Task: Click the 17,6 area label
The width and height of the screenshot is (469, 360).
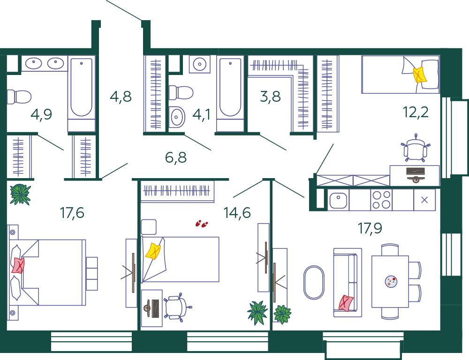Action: (72, 213)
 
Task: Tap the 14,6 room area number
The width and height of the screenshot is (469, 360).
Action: (237, 213)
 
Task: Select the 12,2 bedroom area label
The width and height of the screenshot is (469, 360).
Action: (416, 112)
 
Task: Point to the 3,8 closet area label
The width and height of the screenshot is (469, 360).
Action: (271, 97)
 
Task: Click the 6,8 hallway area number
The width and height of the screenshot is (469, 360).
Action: (176, 157)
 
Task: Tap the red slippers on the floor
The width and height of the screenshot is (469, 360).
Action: (202, 224)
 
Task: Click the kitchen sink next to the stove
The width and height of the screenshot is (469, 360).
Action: (338, 200)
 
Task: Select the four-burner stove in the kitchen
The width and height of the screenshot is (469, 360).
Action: (381, 200)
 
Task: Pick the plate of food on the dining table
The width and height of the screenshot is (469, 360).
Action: (391, 281)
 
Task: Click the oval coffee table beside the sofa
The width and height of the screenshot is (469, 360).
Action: (314, 282)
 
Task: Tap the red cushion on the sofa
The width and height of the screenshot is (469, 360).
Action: (346, 303)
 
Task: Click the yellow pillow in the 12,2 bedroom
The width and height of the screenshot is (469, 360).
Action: (420, 75)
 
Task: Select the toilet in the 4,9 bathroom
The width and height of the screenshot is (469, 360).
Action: (19, 97)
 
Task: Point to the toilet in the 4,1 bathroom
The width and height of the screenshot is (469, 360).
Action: (181, 93)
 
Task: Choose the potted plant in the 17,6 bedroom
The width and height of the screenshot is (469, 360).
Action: (20, 195)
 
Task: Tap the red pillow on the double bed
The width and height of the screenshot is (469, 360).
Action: (18, 265)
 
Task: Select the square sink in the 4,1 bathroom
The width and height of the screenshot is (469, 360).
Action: (176, 117)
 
